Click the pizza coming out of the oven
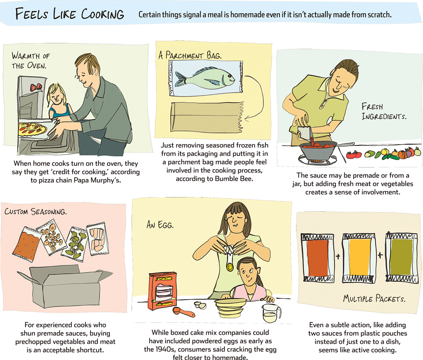(32, 129)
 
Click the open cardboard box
(65, 286)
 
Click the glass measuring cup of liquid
(272, 313)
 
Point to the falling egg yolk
(230, 267)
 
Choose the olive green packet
(402, 258)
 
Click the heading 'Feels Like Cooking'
(70, 14)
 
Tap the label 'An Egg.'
(160, 224)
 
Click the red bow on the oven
(36, 87)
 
